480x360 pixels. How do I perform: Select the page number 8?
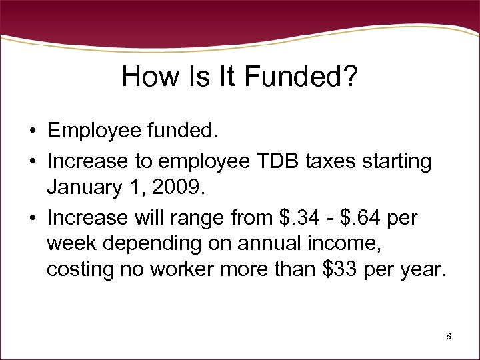pos(449,337)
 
